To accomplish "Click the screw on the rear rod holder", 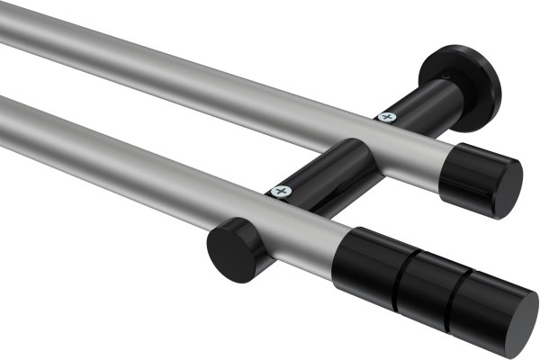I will point(387,116).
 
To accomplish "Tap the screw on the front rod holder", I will point(282,192).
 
